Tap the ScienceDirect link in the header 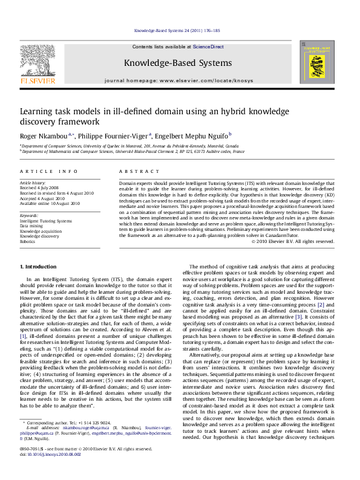pos(208,47)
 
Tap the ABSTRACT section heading pos(134,172)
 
